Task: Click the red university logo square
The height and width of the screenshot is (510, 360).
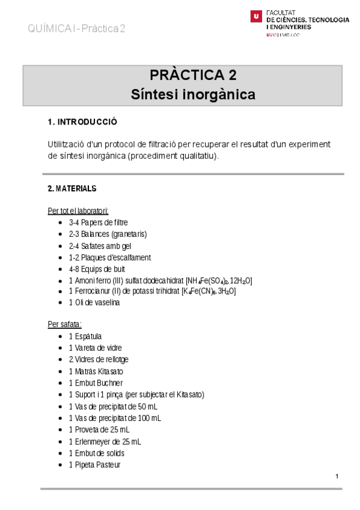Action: [256, 17]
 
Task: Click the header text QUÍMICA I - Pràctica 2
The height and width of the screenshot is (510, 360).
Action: [76, 29]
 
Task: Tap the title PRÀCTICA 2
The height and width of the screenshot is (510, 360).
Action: [192, 75]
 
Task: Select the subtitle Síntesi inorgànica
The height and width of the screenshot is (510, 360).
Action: [192, 94]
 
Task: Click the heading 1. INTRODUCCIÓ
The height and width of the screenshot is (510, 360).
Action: [82, 122]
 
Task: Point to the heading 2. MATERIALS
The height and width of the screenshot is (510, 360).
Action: [72, 188]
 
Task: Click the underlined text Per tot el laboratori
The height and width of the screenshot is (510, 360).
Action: [78, 211]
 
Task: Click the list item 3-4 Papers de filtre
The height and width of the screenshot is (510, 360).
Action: [98, 223]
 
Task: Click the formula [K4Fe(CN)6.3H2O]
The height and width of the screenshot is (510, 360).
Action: [209, 291]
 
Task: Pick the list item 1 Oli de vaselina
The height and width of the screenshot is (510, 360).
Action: [94, 303]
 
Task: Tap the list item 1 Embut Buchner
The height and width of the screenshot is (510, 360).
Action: [96, 382]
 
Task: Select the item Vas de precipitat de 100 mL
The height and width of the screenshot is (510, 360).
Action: [117, 417]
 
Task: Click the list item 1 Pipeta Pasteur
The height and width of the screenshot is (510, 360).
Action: [94, 464]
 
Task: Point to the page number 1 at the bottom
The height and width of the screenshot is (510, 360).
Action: [337, 477]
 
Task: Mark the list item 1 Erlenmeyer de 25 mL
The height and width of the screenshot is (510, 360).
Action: [105, 441]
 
